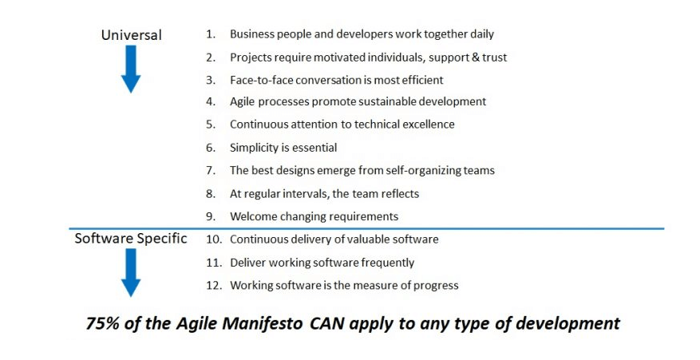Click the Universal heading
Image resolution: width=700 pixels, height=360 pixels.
(131, 35)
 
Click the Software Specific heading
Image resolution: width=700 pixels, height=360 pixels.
(131, 239)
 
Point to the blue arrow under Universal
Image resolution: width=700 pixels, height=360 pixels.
(131, 69)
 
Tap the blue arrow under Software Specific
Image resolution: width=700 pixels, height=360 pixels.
(131, 272)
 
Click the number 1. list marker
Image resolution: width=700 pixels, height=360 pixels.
(211, 34)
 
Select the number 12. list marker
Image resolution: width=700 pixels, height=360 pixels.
(214, 285)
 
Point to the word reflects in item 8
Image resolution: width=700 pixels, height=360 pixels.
(400, 194)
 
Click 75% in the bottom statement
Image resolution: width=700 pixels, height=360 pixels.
(102, 323)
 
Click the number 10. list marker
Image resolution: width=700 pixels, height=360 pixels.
(214, 239)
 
